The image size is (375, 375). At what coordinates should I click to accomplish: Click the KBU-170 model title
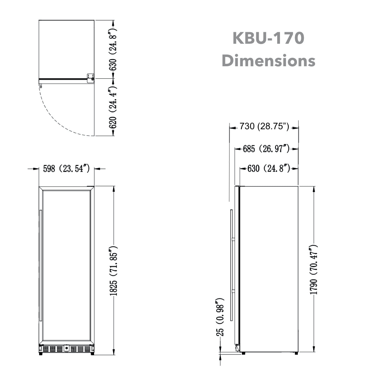268,39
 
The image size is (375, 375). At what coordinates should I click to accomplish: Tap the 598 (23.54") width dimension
66,169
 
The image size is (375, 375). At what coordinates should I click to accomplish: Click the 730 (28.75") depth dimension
264,127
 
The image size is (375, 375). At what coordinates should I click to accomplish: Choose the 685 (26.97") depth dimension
266,149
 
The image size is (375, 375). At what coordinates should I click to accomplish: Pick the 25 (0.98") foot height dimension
220,317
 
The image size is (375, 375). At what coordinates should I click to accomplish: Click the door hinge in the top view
91,77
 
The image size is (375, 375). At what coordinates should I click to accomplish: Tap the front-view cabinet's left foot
41,354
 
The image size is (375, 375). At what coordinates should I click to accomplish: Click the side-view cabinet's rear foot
296,353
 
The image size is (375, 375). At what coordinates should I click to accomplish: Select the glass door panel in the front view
67,266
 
